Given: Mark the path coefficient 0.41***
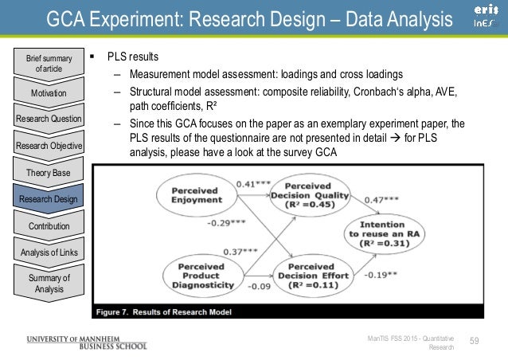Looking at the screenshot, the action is (x=252, y=185).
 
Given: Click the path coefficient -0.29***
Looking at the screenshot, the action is (x=228, y=222).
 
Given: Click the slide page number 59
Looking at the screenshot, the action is (x=476, y=342).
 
